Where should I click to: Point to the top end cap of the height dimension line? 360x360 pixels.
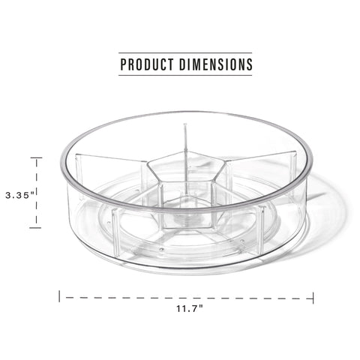(35, 157)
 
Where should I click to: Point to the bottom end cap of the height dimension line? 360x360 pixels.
(35, 227)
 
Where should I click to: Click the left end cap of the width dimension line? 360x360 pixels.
(61, 297)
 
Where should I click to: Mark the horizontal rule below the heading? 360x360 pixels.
(186, 76)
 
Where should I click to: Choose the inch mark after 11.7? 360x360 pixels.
(202, 306)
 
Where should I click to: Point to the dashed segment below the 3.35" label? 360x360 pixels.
(35, 214)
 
